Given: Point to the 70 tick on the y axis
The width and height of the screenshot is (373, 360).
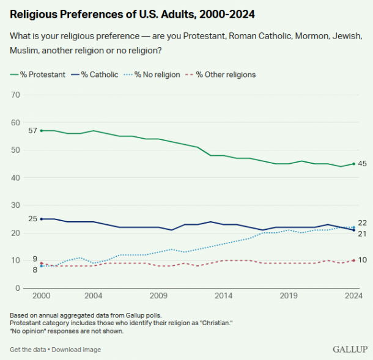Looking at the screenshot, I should pos(17,95).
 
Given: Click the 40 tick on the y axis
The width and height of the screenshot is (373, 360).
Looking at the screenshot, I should pos(17,178).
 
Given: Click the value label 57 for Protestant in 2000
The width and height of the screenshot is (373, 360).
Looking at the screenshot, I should pos(32,131).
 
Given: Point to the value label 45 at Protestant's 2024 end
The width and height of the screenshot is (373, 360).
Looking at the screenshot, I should pos(362,164).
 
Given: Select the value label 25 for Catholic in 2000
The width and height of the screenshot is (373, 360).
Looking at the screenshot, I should pos(32,219).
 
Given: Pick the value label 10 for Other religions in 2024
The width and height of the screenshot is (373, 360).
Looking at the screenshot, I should pos(362,260).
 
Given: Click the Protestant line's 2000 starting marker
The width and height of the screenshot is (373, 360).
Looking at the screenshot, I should pos(41,131).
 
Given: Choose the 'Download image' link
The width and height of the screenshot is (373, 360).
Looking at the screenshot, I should pos(78,350).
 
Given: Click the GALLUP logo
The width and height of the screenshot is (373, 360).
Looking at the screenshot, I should pos(350,349).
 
